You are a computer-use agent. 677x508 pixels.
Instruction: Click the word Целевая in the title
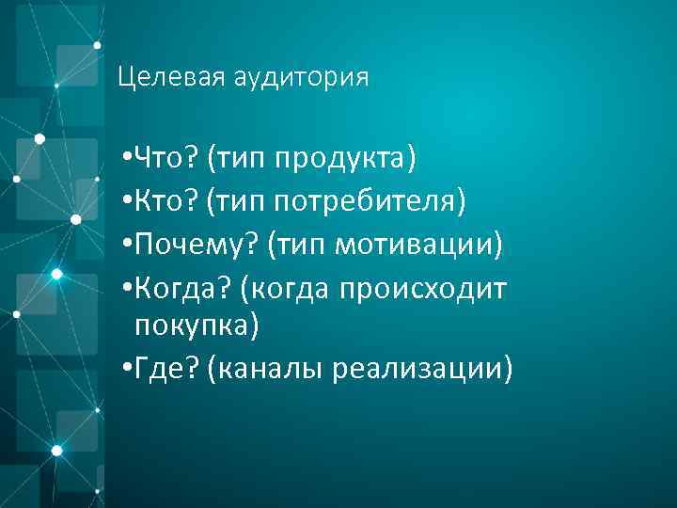[166, 77]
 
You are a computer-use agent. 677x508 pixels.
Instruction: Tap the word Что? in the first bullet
[166, 156]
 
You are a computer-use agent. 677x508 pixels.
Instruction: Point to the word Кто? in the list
[165, 200]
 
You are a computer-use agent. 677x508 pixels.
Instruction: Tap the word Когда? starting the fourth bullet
[182, 289]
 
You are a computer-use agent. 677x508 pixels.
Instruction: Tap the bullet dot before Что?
[126, 156]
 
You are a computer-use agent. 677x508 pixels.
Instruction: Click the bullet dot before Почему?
[126, 245]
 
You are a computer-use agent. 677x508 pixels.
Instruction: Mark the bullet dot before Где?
[126, 370]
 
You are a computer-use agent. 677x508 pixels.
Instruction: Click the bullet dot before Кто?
[126, 200]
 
